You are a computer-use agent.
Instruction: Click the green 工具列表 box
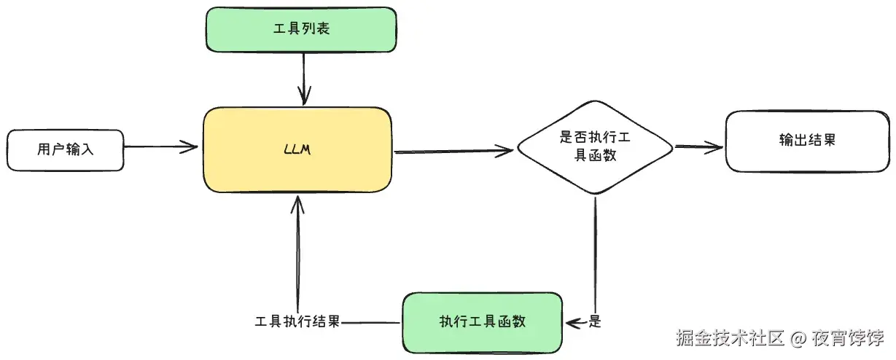coord(301,30)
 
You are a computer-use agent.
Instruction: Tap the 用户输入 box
coord(66,150)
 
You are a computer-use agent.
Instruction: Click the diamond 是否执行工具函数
coord(594,147)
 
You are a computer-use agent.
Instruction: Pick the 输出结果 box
coord(806,141)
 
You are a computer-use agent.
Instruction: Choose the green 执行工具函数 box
coord(482,322)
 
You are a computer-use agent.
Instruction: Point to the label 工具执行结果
coord(297,321)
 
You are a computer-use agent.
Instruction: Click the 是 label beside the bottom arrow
coord(595,321)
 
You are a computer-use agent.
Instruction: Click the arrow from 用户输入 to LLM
coord(160,147)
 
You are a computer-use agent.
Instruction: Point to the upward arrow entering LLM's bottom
coord(297,248)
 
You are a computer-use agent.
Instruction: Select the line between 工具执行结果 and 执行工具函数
coord(372,322)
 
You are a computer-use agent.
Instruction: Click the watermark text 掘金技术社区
coord(729,338)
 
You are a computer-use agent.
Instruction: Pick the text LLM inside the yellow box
coord(297,150)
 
